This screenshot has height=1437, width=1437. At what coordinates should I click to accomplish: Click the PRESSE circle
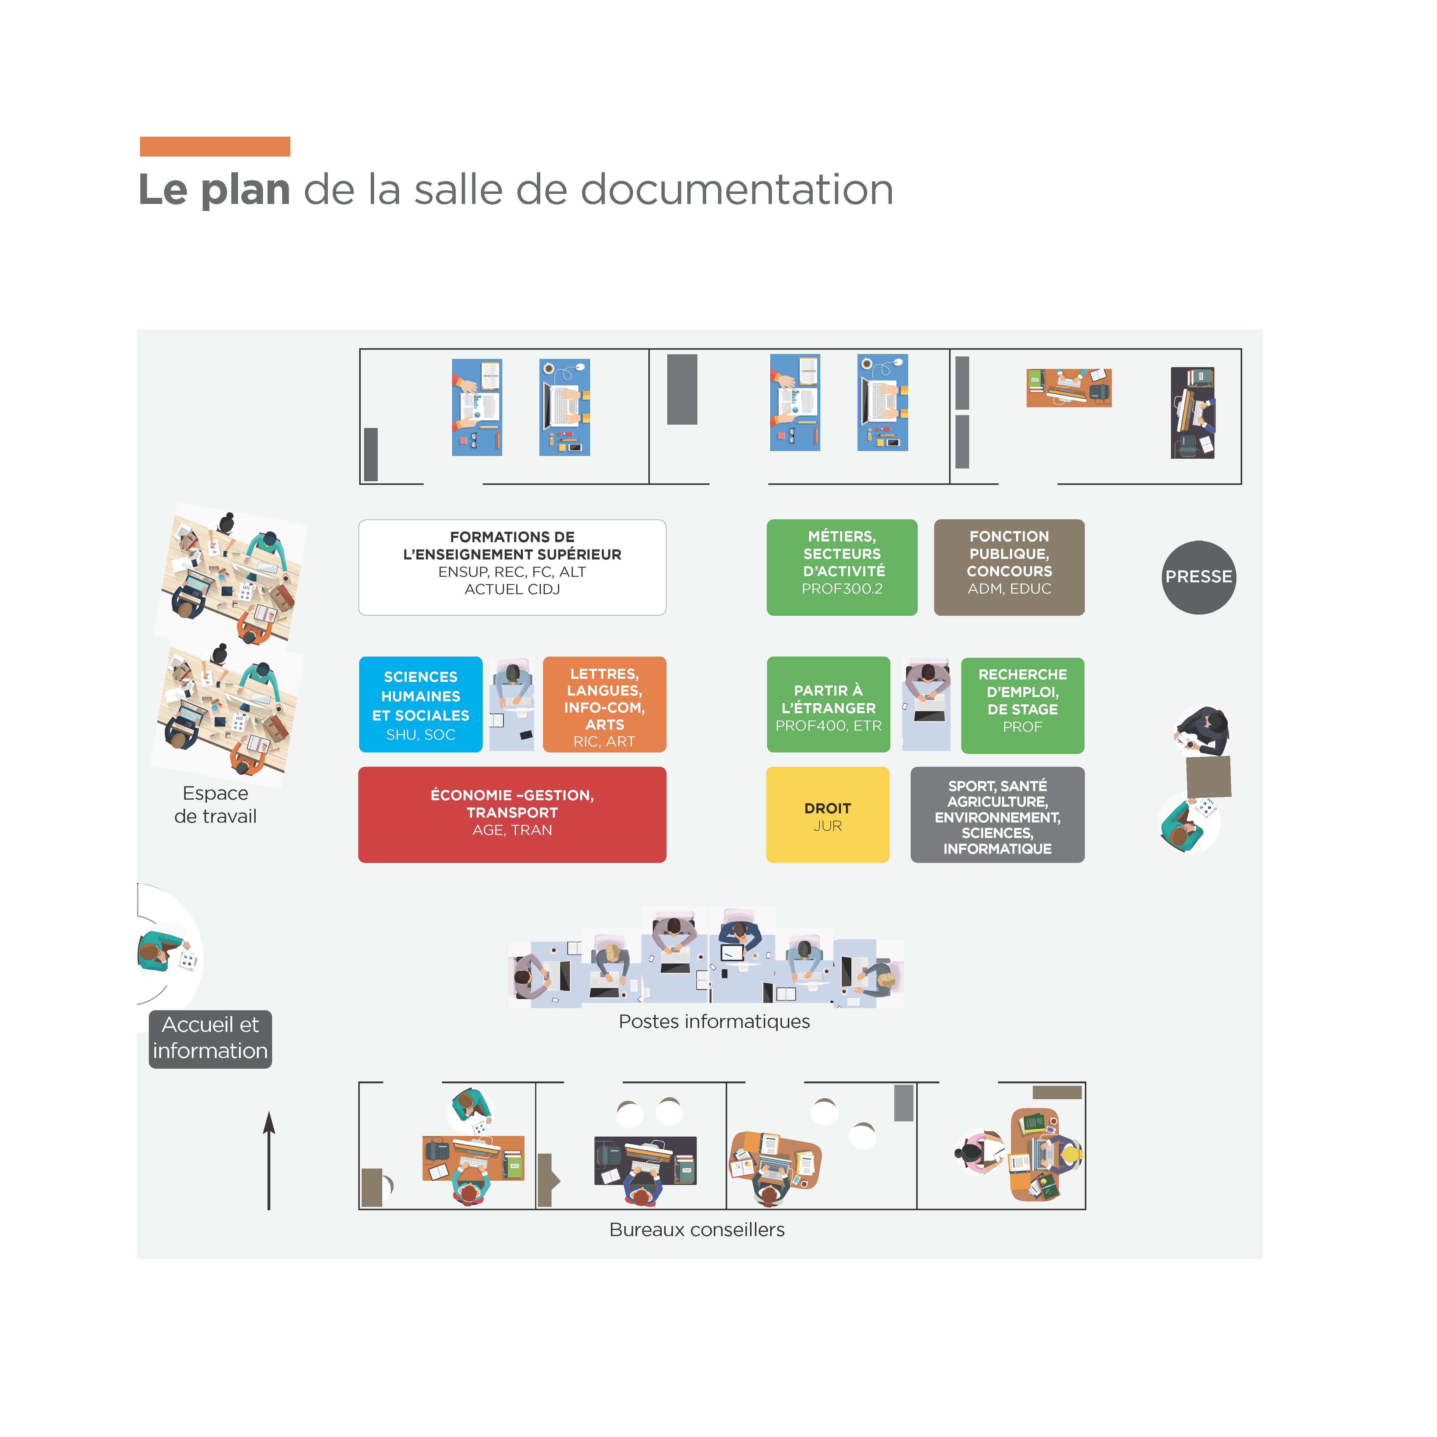pos(1198,577)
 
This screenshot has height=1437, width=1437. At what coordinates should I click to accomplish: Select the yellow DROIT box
pos(827,815)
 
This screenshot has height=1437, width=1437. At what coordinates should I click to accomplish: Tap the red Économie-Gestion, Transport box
pos(512,815)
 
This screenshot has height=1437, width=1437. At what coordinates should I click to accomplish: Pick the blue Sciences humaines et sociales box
pos(420,704)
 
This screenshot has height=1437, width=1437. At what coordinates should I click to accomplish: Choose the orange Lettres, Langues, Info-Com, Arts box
pos(604,704)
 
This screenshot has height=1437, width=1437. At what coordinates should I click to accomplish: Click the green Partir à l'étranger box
pos(828,704)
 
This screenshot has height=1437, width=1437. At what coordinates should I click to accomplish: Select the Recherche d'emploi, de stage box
pos(1022,704)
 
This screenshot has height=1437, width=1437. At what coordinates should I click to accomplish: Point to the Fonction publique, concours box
pos(1008,567)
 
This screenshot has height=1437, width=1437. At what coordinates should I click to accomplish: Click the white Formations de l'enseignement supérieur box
pos(512,567)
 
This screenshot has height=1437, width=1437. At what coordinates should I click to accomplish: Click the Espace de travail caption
pos(215,804)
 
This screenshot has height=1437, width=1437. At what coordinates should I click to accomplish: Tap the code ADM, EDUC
pos(1008,588)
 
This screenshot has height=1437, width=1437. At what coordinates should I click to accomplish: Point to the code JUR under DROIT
pos(827,825)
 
